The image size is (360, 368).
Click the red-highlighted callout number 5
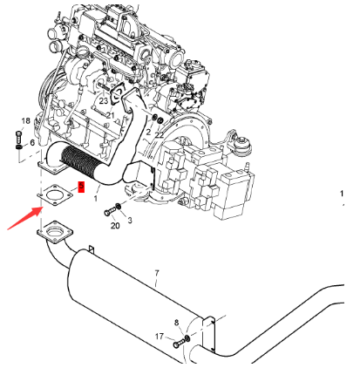pos(81,187)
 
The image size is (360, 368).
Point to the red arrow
pos(25,218)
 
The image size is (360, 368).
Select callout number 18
pos(26,120)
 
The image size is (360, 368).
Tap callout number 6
pos(32,142)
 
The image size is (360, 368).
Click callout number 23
pos(104,101)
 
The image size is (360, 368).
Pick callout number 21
pos(110,115)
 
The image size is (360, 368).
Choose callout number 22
pos(160,134)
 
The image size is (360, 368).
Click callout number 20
pos(115,226)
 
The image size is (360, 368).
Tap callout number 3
pos(130,221)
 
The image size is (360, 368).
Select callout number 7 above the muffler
pos(157,273)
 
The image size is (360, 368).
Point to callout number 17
pos(160,337)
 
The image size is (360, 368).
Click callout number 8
pos(176,323)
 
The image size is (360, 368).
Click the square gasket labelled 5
pos(55,194)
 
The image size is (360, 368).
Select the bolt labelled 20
pos(109,212)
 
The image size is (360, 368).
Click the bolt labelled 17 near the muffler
pos(179,344)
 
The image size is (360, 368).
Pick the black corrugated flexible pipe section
pos(77,161)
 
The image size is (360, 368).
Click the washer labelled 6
pos(18,147)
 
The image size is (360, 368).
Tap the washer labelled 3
pos(119,207)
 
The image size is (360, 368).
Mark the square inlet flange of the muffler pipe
pos(55,232)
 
